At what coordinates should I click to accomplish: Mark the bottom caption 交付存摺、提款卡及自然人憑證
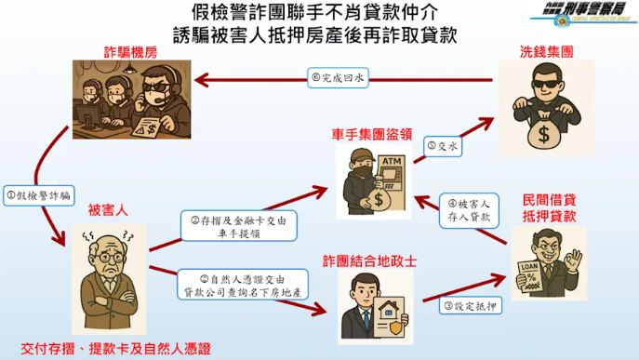tap(110, 349)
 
